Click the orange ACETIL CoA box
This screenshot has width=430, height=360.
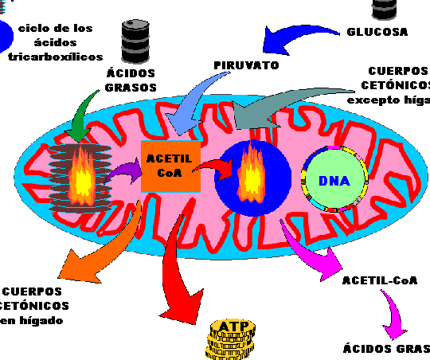point(170,166)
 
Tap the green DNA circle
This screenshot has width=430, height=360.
point(334,181)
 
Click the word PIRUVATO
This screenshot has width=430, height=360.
point(246,65)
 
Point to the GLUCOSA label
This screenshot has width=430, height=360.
point(377,33)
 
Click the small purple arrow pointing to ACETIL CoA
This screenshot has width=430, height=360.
point(123,169)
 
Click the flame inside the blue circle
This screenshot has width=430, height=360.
point(251,170)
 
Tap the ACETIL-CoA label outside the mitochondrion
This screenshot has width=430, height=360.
point(379,280)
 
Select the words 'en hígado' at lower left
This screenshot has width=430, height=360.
point(31,320)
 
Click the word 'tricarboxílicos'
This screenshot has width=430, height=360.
point(55,57)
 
